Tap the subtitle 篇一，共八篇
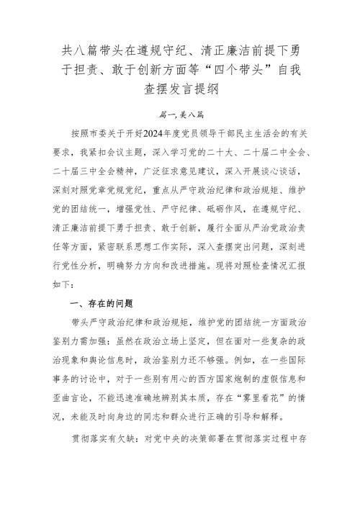pyautogui.click(x=180, y=114)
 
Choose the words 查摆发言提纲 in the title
pyautogui.click(x=180, y=91)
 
